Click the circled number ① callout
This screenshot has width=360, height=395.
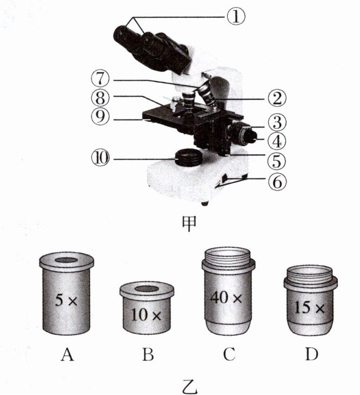pyautogui.click(x=236, y=17)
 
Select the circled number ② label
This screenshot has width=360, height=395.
pyautogui.click(x=277, y=98)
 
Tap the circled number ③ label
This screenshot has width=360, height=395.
pyautogui.click(x=277, y=122)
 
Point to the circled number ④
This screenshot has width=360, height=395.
pyautogui.click(x=277, y=141)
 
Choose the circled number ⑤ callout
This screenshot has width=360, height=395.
pyautogui.click(x=277, y=160)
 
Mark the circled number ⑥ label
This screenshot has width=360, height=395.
pyautogui.click(x=277, y=181)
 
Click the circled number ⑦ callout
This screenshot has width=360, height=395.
pyautogui.click(x=100, y=79)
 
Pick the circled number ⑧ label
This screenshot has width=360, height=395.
pyautogui.click(x=100, y=98)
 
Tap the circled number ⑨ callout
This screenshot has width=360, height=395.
pyautogui.click(x=100, y=117)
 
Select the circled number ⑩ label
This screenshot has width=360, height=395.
pyautogui.click(x=100, y=158)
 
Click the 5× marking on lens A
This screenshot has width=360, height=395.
pyautogui.click(x=66, y=300)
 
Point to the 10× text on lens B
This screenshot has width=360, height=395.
pyautogui.click(x=146, y=315)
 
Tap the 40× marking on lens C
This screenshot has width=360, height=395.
pyautogui.click(x=226, y=298)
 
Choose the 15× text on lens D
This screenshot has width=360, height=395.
pyautogui.click(x=310, y=308)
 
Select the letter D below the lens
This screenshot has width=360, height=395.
pyautogui.click(x=312, y=354)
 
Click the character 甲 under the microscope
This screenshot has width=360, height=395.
pyautogui.click(x=189, y=224)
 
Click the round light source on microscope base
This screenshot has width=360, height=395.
pyautogui.click(x=188, y=157)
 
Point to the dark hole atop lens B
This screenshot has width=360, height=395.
pyautogui.click(x=147, y=289)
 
